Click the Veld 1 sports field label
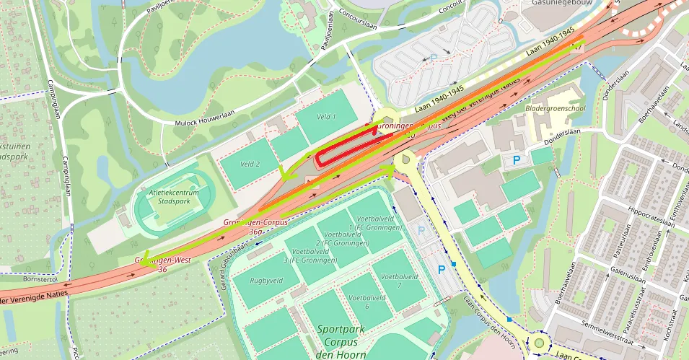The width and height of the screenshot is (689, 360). [x=327, y=117]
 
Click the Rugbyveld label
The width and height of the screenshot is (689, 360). [x=266, y=281]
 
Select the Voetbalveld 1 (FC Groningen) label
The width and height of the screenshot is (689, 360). [x=377, y=223]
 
